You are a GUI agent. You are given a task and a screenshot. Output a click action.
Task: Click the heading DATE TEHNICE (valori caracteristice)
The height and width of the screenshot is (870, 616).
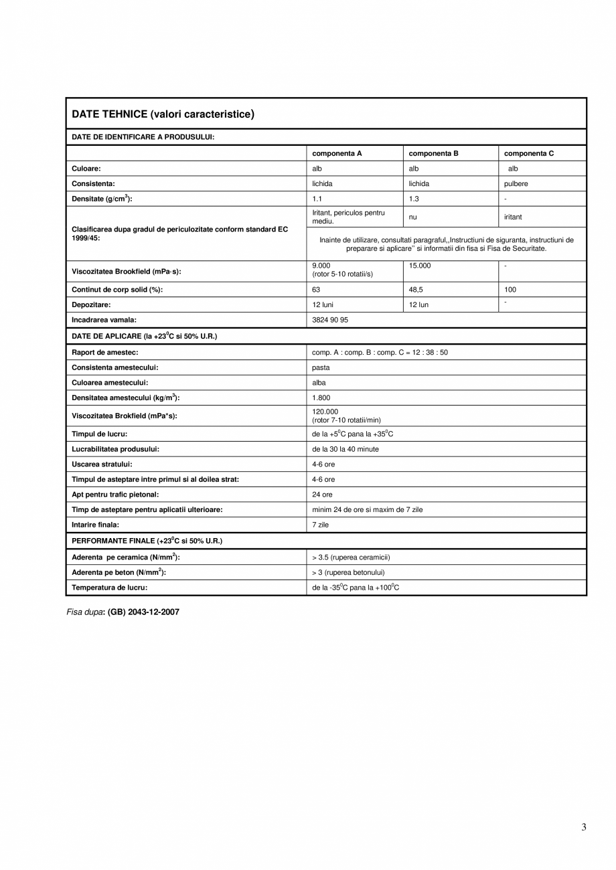tap(163, 114)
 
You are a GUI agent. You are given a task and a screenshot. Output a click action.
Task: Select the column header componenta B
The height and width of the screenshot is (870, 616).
tap(433, 153)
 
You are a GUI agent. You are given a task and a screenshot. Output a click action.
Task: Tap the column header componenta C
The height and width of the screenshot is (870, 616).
tap(529, 153)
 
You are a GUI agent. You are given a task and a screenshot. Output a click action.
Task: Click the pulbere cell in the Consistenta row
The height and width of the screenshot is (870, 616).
tap(516, 183)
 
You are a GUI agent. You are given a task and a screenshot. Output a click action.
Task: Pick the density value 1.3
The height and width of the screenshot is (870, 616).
tap(414, 199)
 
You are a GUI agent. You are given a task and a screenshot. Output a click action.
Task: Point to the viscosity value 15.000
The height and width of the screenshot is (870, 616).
tap(420, 266)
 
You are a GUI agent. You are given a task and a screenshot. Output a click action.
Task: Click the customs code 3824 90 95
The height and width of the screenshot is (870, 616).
tap(330, 320)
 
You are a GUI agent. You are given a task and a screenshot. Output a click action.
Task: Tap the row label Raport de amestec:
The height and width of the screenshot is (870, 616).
tap(104, 352)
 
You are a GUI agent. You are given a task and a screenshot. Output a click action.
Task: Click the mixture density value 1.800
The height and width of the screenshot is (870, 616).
tap(321, 398)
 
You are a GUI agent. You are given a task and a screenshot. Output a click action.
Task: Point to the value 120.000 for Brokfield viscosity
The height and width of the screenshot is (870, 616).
tap(325, 412)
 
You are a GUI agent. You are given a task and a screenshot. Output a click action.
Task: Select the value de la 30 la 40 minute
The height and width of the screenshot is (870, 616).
tap(345, 449)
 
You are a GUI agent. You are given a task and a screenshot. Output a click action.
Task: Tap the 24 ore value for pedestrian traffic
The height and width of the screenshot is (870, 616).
tap(322, 495)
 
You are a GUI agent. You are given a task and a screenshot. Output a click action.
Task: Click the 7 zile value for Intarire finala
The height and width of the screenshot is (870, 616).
tap(320, 525)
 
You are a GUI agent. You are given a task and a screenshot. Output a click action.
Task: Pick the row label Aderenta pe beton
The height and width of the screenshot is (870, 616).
tap(119, 572)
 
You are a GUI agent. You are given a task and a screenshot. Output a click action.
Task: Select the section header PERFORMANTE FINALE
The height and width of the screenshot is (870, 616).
tap(147, 541)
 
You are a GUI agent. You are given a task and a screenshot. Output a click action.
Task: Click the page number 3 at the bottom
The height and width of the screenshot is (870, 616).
tap(584, 827)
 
